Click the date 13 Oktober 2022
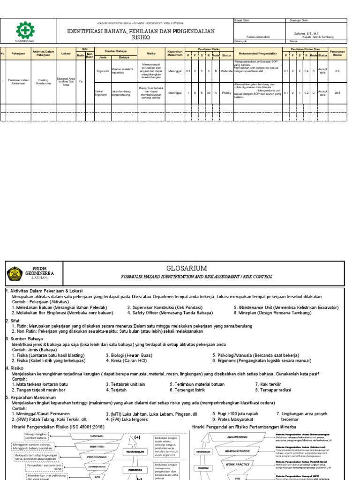[x=22, y=42]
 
